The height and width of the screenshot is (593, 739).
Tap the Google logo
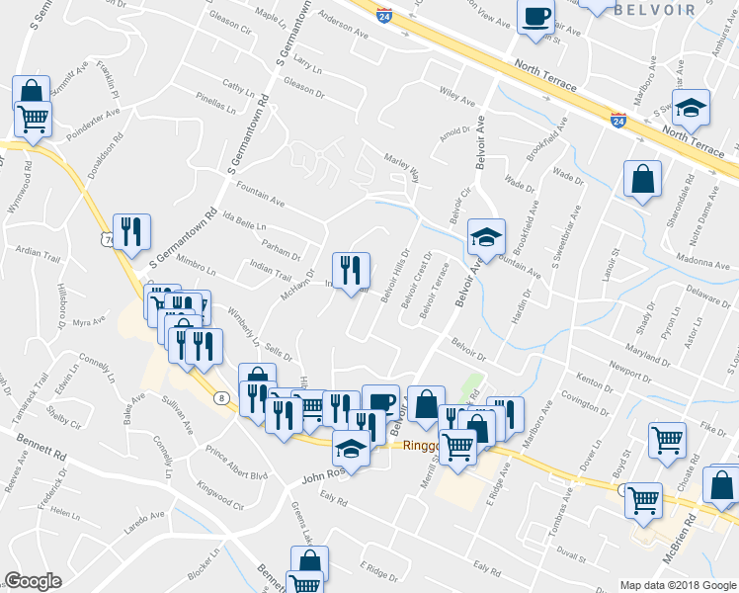point(34,581)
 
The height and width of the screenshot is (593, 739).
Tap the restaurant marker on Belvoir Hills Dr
point(351,270)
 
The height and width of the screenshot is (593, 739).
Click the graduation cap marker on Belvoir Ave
point(486,237)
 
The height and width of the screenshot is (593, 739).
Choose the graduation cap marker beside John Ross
point(351,449)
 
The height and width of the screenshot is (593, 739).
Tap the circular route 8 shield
point(221,396)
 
